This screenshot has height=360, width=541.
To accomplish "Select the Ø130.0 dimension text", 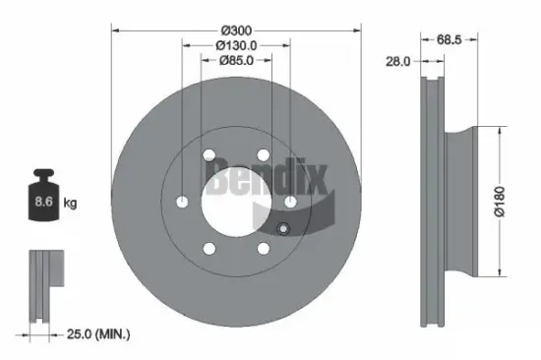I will pos(237,44).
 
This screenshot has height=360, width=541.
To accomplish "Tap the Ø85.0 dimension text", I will pos(237,61).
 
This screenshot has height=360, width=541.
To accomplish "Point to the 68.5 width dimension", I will pos(450,39).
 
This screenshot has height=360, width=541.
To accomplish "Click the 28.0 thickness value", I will pos(397,61).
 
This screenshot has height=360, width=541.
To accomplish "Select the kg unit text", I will pos(71,204).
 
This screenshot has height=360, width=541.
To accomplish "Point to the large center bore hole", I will pos(235,201).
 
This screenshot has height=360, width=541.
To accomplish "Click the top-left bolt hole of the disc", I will pos(210,154).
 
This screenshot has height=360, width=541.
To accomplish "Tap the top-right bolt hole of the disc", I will pos(264,154).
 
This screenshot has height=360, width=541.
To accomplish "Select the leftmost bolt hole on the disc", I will pos(183,202).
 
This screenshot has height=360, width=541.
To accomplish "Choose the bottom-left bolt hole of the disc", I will pos(210,248).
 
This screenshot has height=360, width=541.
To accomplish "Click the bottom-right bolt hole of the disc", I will pos(264,248).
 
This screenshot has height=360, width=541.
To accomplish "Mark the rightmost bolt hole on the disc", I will pos(291,202).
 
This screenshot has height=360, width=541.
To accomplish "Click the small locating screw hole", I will pos(282,231).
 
